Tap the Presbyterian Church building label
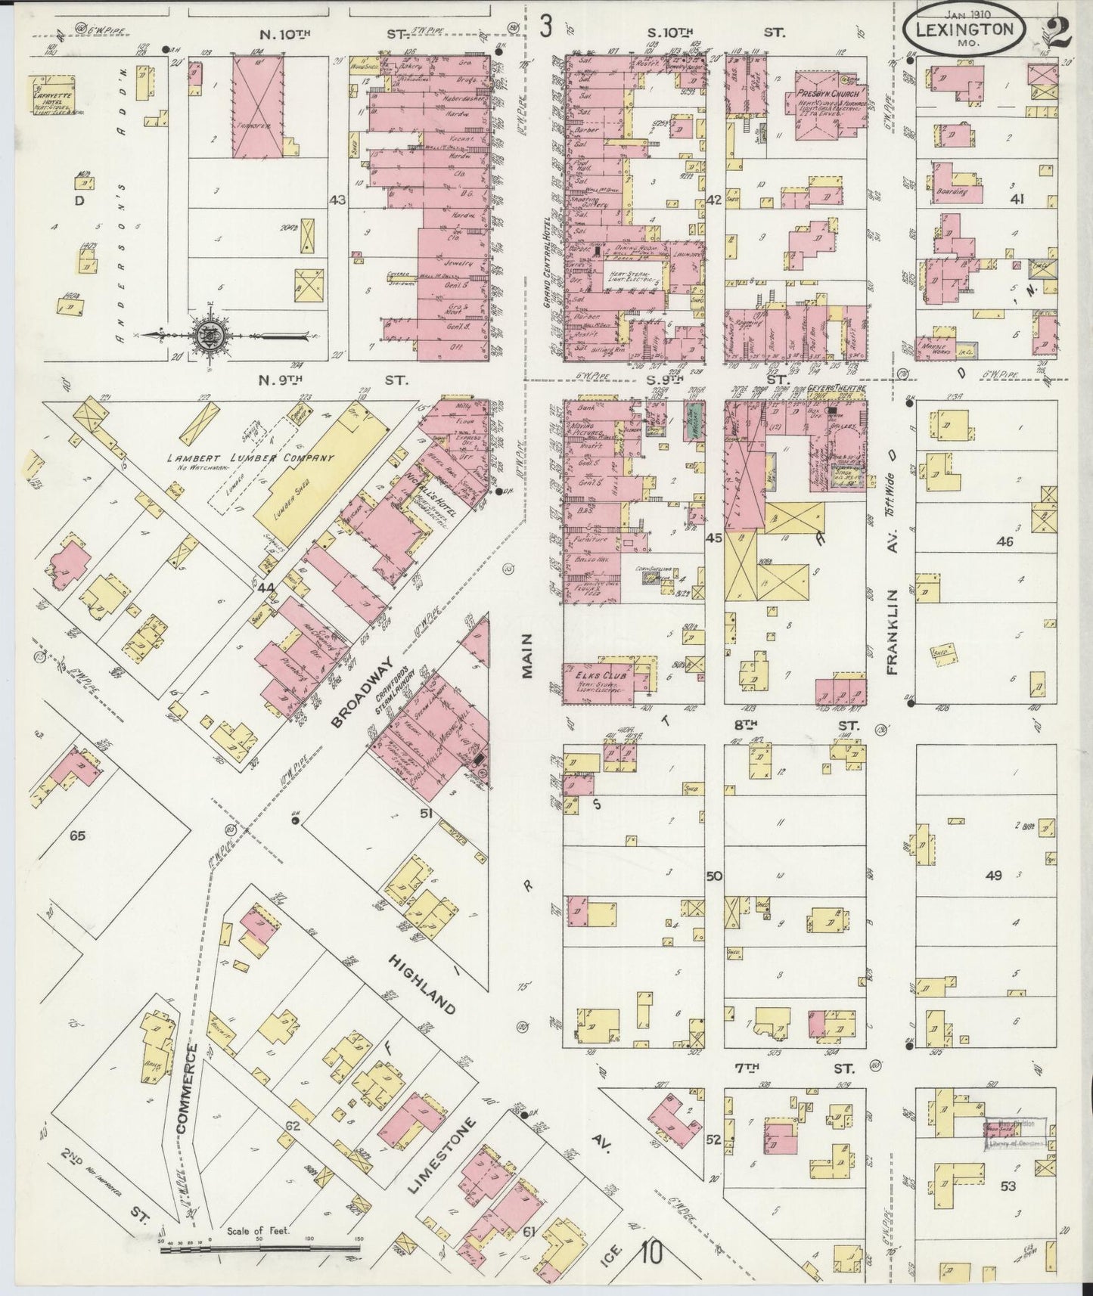[827, 95]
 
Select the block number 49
[993, 876]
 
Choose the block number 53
[1008, 1186]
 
